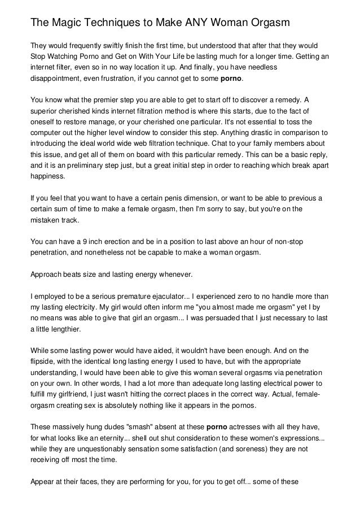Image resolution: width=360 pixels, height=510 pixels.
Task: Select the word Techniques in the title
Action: point(118,23)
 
